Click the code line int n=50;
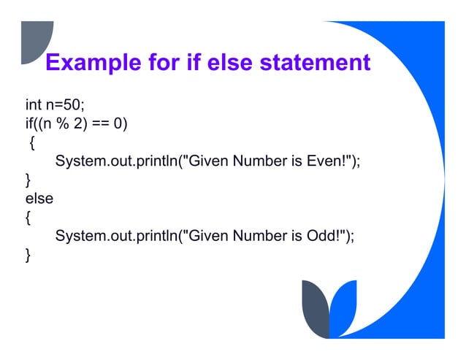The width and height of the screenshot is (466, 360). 56,104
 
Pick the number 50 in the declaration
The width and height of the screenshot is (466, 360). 72,104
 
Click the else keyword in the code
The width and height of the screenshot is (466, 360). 39,198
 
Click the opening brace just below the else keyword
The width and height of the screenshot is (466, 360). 28,217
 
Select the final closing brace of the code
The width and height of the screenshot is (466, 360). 28,255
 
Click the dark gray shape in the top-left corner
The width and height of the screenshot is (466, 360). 35,41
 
